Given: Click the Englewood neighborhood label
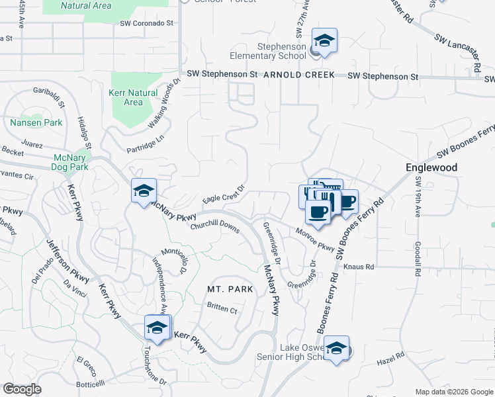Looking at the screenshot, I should (x=431, y=168).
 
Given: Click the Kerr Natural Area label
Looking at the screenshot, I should (x=133, y=98).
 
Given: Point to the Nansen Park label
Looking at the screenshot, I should (x=36, y=123).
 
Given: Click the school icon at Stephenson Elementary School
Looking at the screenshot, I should (x=325, y=40).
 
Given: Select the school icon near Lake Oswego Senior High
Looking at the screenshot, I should (x=337, y=349).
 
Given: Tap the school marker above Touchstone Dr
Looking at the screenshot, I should (x=157, y=327).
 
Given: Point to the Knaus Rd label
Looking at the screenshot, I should (x=359, y=267).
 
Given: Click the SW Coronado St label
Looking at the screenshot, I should (x=146, y=22).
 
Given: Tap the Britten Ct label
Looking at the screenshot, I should (x=222, y=309).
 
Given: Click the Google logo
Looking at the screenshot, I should (x=22, y=389).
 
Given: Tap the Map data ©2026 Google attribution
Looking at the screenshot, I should (x=453, y=392).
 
